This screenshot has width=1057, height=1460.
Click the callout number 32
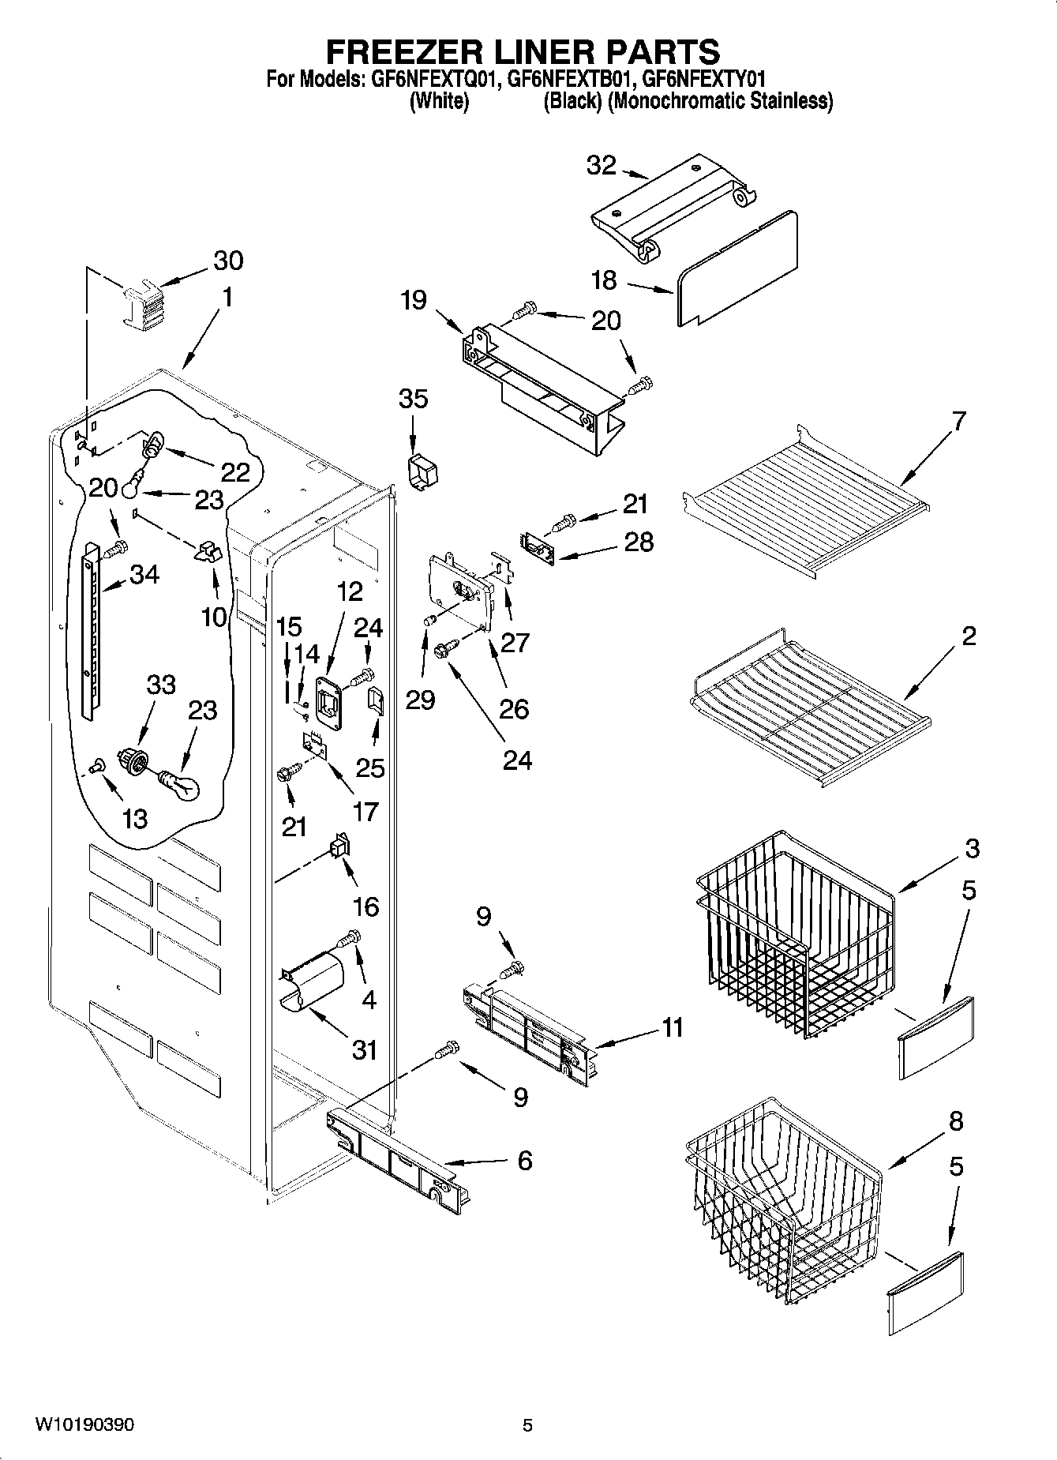pos(601,166)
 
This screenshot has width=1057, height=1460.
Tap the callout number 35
pos(413,399)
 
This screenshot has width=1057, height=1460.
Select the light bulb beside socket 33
pos(181,785)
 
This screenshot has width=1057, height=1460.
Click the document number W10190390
pos(84,1424)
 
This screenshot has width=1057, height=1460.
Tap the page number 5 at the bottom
pos(528,1425)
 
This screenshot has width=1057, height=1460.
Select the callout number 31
pos(364,1050)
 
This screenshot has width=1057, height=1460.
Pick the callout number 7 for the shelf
pos(958,421)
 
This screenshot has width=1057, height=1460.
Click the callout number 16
pos(365,906)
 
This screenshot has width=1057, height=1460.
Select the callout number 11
pos(672,1028)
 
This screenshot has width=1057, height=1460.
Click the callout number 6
pos(524,1161)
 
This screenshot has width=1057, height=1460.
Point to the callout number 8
pos(956,1121)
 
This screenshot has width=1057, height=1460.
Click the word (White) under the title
pos(440,101)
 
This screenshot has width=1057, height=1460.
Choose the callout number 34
pos(144,575)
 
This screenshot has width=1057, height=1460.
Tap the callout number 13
pos(135,819)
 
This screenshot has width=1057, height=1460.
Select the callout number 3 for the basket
pos(971,849)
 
